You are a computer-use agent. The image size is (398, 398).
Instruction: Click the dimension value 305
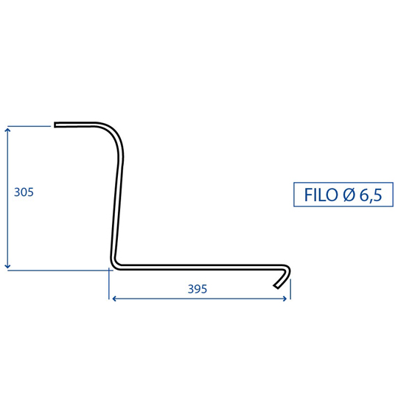pos(24,192)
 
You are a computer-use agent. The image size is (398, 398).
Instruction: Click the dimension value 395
pos(198,289)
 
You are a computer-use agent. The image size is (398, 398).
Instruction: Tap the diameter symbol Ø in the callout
pos(349,195)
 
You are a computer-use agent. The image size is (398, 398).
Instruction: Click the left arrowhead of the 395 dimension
pos(114,298)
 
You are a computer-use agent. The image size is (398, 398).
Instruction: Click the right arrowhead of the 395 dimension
pos(286,298)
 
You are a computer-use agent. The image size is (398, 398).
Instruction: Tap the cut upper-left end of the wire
pos(55,125)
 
